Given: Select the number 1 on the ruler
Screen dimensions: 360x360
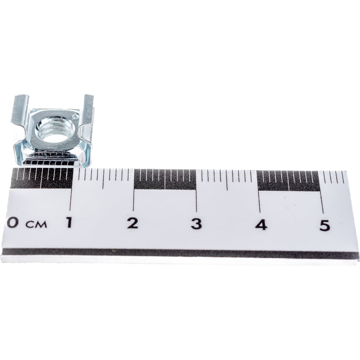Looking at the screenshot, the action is [x=69, y=223].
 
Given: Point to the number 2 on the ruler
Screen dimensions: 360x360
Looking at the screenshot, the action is [x=133, y=224].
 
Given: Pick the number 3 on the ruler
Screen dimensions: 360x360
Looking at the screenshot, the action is [x=196, y=224].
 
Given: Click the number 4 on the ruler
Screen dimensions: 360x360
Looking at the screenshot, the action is [x=261, y=225].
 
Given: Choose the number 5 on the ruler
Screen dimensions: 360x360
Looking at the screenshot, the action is [x=325, y=225].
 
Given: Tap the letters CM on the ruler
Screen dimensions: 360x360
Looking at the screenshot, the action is [x=36, y=224].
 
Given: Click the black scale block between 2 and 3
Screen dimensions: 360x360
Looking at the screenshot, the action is [x=165, y=179].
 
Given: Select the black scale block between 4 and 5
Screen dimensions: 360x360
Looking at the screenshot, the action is [x=288, y=181].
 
